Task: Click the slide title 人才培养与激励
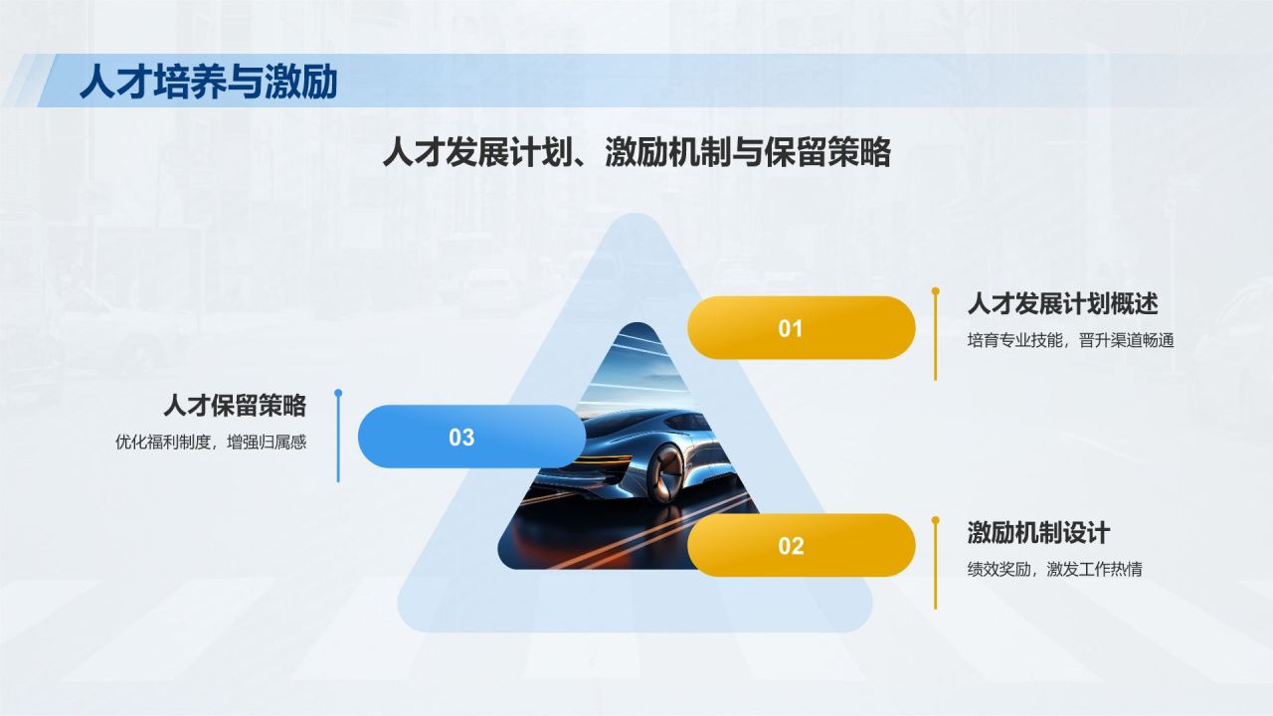[208, 82]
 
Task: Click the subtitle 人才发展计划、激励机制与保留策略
[636, 154]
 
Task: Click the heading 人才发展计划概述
[1062, 303]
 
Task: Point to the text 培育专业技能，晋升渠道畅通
[1070, 340]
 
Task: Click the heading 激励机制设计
[1038, 532]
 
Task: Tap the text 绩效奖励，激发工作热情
[1054, 570]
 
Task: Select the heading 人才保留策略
[235, 406]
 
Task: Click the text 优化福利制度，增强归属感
[211, 443]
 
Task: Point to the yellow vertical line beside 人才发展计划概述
[935, 338]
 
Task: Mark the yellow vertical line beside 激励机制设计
[935, 567]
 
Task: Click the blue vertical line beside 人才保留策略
[338, 443]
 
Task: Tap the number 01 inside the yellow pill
[791, 328]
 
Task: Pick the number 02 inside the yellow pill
[791, 545]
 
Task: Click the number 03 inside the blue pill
[461, 437]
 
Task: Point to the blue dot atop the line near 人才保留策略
[338, 394]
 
